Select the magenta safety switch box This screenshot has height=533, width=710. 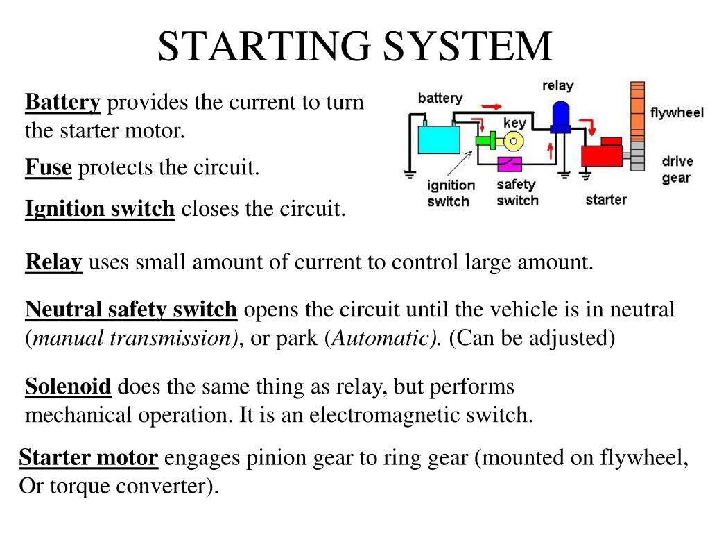pyautogui.click(x=512, y=164)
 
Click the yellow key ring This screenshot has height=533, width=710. pyautogui.click(x=514, y=142)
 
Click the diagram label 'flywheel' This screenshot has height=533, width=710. pyautogui.click(x=677, y=113)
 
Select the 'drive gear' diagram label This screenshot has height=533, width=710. pyautogui.click(x=677, y=169)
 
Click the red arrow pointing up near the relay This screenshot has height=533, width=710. pyautogui.click(x=552, y=149)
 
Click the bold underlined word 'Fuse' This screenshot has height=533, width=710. pyautogui.click(x=49, y=167)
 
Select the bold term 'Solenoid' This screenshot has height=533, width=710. pyautogui.click(x=68, y=386)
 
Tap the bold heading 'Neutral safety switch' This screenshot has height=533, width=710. pyautogui.click(x=131, y=310)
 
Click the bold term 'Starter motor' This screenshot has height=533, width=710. pyautogui.click(x=89, y=458)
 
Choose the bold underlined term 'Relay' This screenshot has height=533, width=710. pyautogui.click(x=53, y=262)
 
